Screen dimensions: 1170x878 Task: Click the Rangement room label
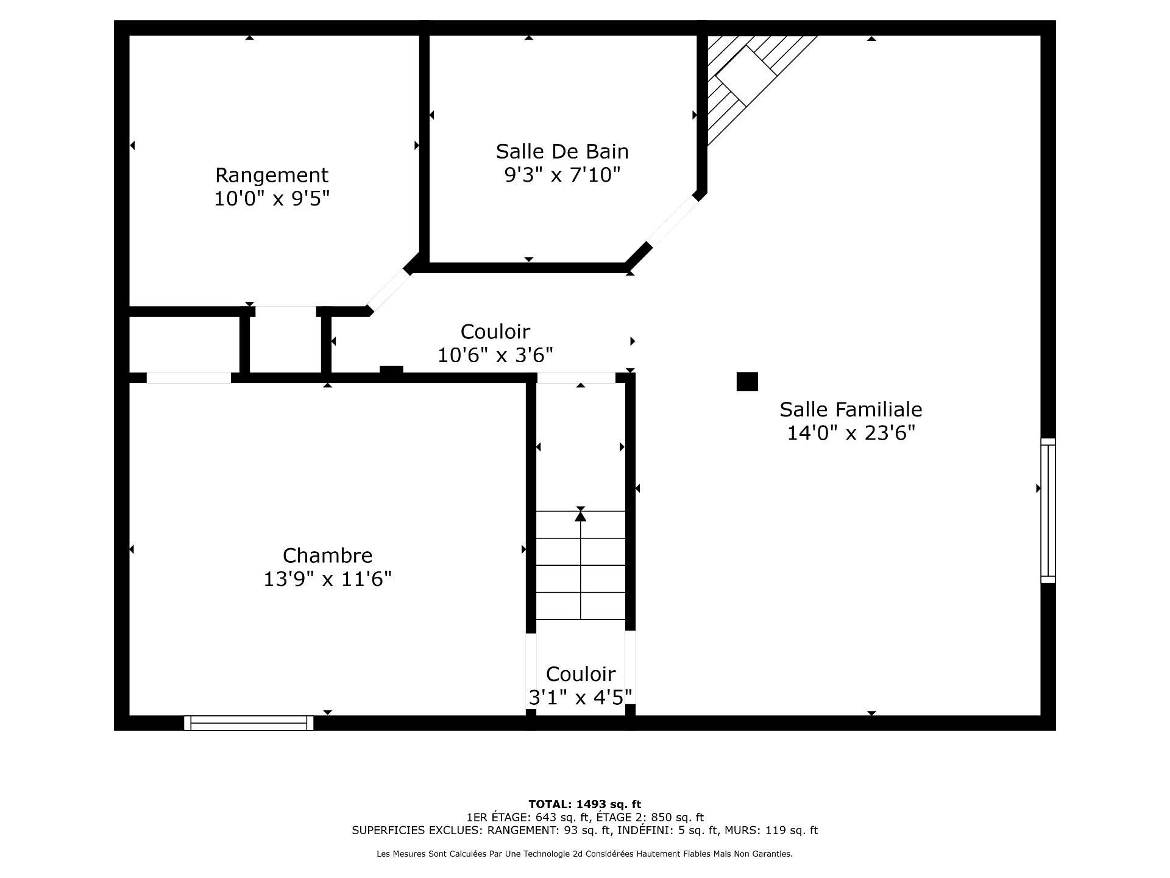point(272,176)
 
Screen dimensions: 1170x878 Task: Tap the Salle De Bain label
point(562,151)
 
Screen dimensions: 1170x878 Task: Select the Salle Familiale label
point(851,409)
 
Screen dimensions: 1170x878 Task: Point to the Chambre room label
point(327,555)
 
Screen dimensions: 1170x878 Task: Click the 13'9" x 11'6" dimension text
point(327,579)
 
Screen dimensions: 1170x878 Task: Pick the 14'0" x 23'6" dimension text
point(851,433)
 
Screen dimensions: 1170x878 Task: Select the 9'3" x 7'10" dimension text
point(562,175)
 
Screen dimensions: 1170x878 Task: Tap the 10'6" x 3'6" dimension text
point(495,355)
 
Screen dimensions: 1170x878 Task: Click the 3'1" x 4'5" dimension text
point(580,697)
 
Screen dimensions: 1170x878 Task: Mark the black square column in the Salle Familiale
point(747,381)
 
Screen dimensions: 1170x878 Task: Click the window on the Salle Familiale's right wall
point(1048,510)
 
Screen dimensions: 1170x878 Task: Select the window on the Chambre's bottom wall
point(249,723)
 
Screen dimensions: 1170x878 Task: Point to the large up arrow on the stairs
point(580,516)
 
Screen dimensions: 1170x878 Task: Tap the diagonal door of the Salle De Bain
point(673,220)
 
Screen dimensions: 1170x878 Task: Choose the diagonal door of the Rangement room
point(389,291)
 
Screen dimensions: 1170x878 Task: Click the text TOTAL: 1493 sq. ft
point(584,804)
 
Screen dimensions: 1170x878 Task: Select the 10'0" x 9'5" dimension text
point(272,199)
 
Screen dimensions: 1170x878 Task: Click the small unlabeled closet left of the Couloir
point(185,344)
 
